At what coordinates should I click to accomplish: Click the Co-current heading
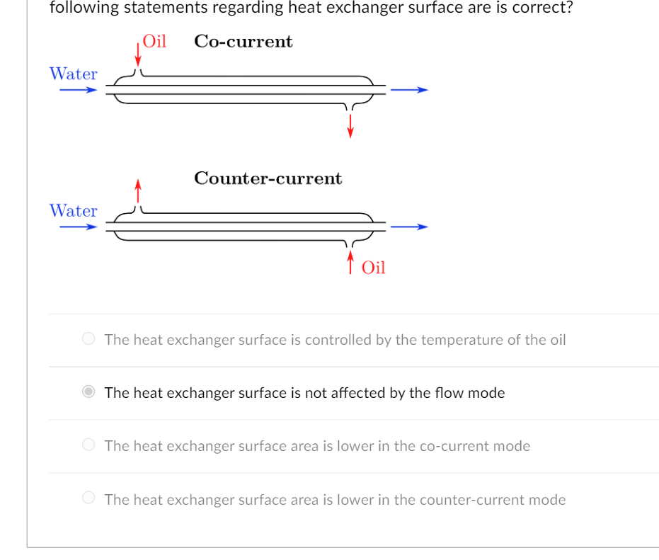click(243, 42)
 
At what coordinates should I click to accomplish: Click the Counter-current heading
click(268, 178)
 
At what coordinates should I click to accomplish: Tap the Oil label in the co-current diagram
click(154, 41)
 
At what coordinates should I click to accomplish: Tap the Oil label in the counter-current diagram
click(373, 268)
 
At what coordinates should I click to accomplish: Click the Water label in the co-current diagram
click(74, 74)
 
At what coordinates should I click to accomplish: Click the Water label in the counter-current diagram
click(74, 211)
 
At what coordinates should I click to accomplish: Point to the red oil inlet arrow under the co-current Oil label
click(138, 55)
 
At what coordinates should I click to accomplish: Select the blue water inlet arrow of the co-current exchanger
click(78, 90)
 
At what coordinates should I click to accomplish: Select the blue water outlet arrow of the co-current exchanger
click(409, 90)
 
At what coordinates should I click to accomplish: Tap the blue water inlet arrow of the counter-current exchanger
click(78, 227)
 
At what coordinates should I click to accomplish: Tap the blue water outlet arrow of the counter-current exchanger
click(409, 227)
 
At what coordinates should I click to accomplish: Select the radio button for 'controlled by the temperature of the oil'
click(88, 340)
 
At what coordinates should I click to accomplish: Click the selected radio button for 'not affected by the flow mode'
click(88, 392)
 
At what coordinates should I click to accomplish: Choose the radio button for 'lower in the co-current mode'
click(88, 445)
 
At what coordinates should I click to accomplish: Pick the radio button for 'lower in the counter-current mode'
click(88, 499)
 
